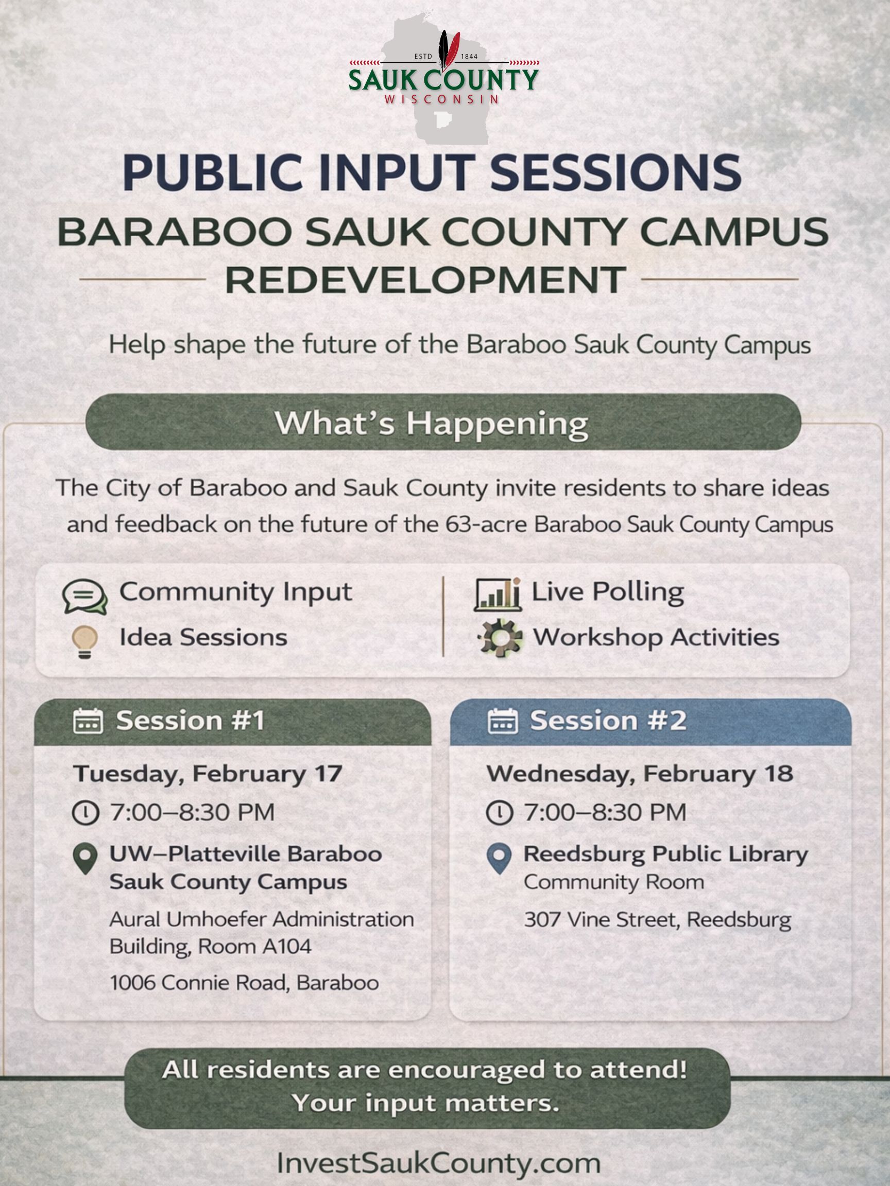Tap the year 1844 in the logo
point(469,56)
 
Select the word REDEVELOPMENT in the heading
point(425,280)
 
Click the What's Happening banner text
point(431,424)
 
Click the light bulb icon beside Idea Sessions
point(85,642)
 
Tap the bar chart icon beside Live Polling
point(498,595)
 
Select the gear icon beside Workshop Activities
point(500,638)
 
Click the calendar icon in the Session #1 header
point(88,721)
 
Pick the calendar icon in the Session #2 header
point(503,721)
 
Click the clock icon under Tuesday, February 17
point(86,813)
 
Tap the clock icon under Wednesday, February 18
point(500,813)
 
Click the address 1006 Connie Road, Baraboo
point(245,983)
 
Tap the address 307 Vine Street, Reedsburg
point(658,919)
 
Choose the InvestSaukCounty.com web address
point(438,1163)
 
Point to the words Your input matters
point(425,1103)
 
